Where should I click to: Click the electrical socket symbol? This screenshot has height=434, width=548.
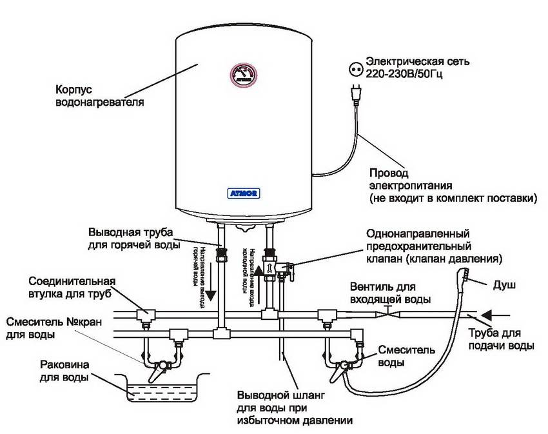click(353, 68)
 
